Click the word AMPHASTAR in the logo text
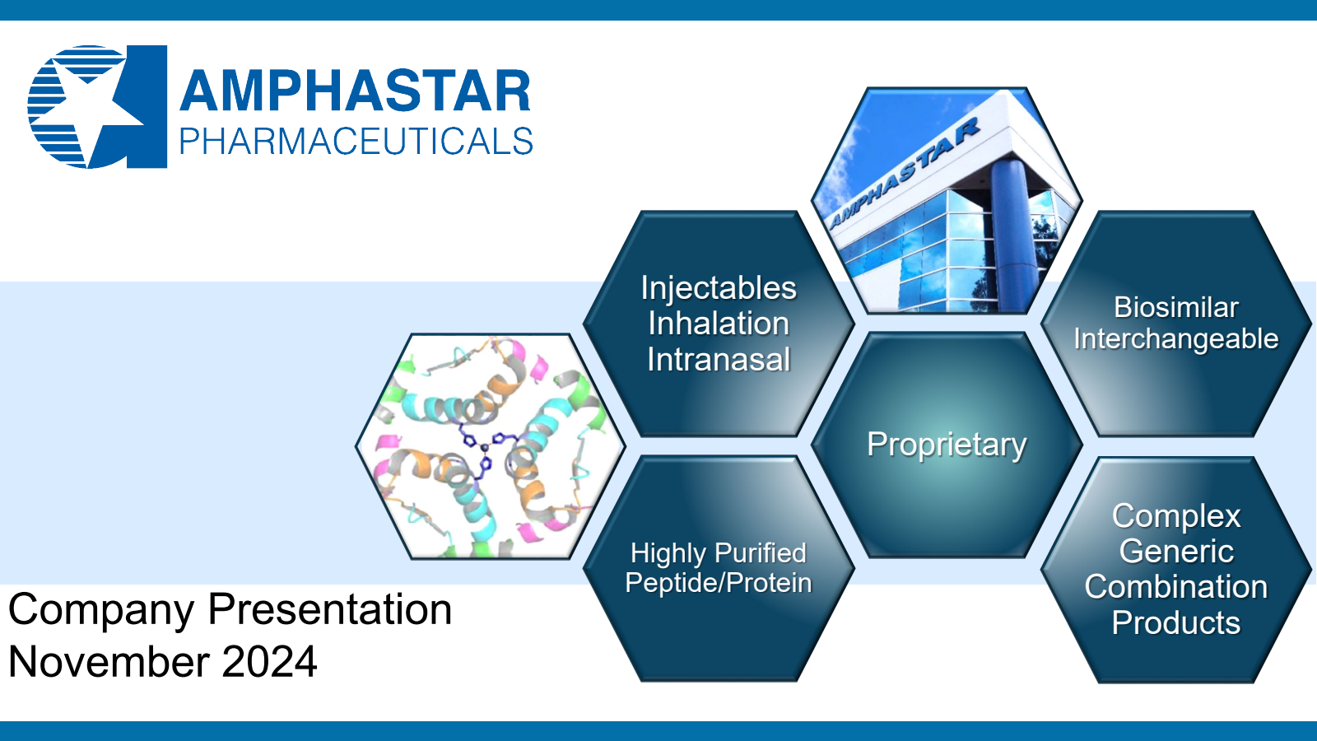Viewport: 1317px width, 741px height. tap(355, 91)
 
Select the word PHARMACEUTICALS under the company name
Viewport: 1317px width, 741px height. tap(356, 142)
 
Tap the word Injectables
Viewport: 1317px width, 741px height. tap(719, 289)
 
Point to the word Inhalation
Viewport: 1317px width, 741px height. tap(719, 324)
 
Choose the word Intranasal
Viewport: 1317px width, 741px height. tap(719, 359)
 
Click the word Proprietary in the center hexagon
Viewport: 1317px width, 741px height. tap(947, 445)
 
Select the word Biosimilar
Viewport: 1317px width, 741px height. tap(1176, 308)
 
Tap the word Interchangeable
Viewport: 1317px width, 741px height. tap(1176, 339)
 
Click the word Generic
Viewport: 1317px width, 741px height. tap(1176, 551)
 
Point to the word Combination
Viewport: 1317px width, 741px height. tap(1176, 587)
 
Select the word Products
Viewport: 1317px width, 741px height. tap(1176, 622)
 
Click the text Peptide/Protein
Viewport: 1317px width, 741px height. tap(719, 584)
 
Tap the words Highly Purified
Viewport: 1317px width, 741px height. tap(719, 554)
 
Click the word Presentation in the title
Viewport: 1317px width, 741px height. tap(330, 609)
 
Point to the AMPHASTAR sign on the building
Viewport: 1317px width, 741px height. tap(904, 172)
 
